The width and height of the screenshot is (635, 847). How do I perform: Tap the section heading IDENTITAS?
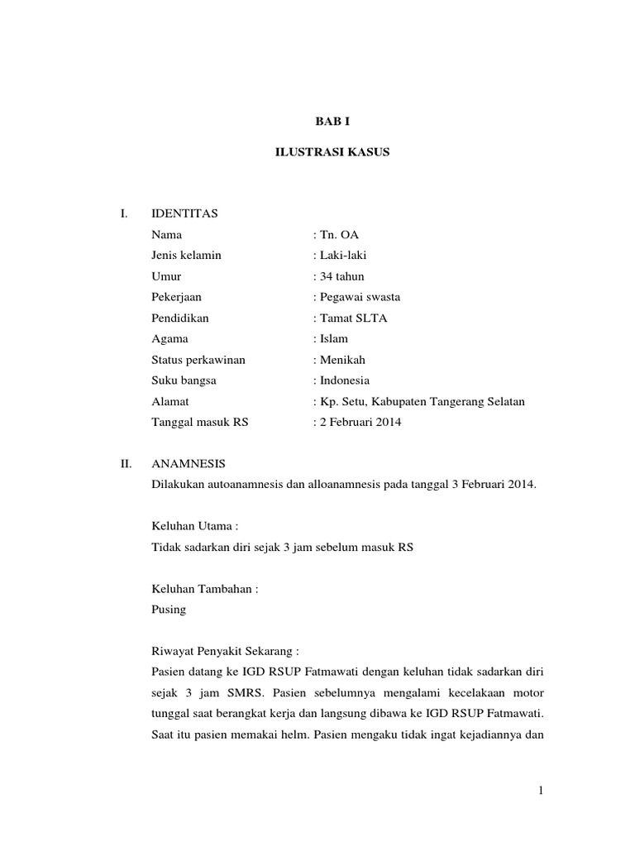pyautogui.click(x=184, y=214)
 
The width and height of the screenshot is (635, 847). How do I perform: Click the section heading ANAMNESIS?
pyautogui.click(x=189, y=464)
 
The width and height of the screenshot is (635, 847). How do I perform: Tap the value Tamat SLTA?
pyautogui.click(x=351, y=318)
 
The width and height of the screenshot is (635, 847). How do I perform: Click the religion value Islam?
pyautogui.click(x=333, y=338)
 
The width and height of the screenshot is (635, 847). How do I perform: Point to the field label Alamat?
pyautogui.click(x=170, y=401)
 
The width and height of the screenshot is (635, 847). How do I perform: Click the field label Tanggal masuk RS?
pyautogui.click(x=200, y=422)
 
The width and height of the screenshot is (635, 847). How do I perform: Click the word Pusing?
pyautogui.click(x=169, y=610)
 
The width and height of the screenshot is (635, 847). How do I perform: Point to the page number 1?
pyautogui.click(x=540, y=792)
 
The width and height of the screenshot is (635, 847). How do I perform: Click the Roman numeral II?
pyautogui.click(x=126, y=464)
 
